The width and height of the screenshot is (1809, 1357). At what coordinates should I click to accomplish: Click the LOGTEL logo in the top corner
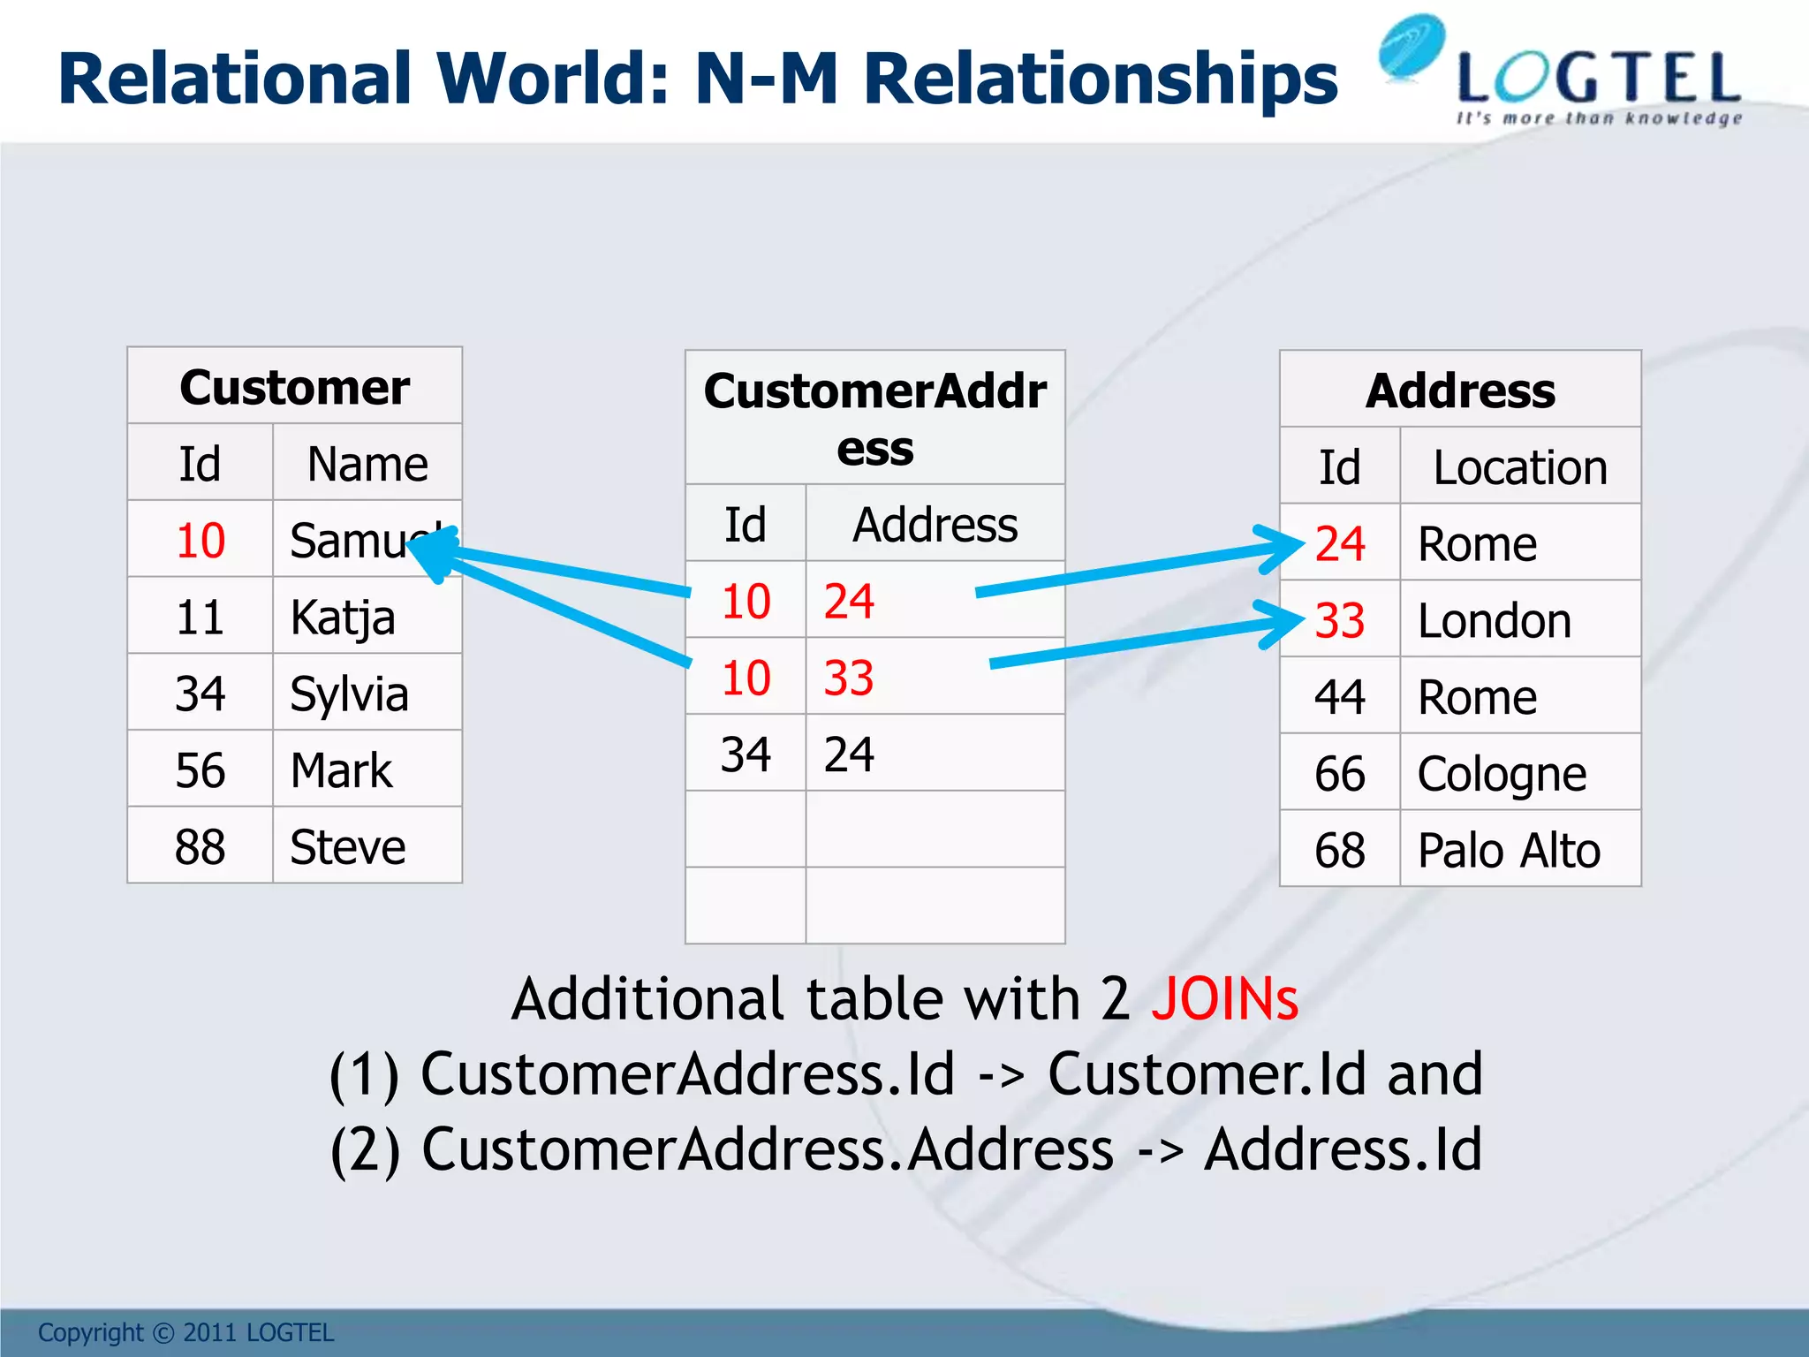[x=1559, y=75]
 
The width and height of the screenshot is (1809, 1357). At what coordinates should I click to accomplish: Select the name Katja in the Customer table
[x=342, y=617]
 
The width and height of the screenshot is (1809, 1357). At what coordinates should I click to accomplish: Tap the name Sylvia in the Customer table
[x=349, y=694]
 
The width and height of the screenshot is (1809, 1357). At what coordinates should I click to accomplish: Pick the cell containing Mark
[x=341, y=770]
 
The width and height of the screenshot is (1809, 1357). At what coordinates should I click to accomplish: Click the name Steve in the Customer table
[x=347, y=847]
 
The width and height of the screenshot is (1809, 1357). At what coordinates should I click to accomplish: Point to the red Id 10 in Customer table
[x=201, y=541]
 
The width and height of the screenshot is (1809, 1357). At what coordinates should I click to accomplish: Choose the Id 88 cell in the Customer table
[x=201, y=847]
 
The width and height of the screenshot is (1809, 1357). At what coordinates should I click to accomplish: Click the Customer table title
[x=294, y=387]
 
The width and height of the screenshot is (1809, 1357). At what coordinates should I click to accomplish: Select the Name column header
[x=367, y=464]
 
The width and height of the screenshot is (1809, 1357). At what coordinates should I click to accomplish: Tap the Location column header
[x=1519, y=467]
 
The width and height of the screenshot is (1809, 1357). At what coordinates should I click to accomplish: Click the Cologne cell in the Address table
[x=1502, y=774]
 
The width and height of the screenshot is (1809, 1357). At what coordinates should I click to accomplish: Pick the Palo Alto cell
[x=1509, y=851]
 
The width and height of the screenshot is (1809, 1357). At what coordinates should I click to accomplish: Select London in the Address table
[x=1495, y=620]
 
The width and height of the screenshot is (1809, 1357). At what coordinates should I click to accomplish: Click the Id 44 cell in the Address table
[x=1339, y=697]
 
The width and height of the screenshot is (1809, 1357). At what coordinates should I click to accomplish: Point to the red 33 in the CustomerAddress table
[x=849, y=678]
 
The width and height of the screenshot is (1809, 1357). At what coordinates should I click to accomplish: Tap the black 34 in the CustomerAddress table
[x=746, y=754]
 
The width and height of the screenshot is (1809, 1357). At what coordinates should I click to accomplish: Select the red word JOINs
[x=1224, y=999]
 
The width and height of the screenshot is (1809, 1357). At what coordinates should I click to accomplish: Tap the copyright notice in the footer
[x=185, y=1332]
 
